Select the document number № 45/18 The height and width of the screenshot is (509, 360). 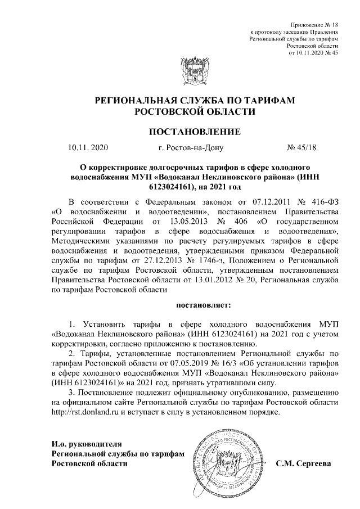[x=302, y=148]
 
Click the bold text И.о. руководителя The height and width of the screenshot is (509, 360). [x=86, y=444]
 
